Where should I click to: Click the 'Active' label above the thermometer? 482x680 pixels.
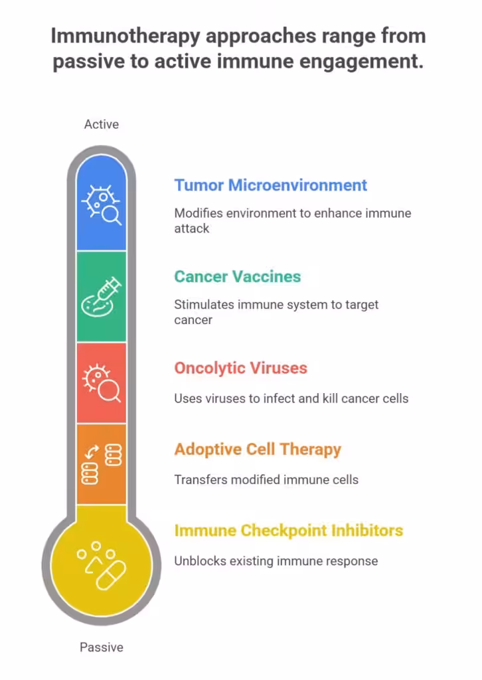[x=102, y=124]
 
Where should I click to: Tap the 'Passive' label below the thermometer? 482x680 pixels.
[x=102, y=647]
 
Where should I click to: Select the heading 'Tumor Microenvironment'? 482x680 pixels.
[x=270, y=185]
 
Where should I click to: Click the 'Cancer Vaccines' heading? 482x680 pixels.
[x=237, y=276]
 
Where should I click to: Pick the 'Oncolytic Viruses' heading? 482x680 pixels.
[x=240, y=368]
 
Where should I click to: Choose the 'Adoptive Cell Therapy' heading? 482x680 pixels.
[x=258, y=450]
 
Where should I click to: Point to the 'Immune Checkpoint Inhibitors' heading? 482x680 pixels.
[x=289, y=531]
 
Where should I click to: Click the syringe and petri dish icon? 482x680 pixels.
[x=101, y=297]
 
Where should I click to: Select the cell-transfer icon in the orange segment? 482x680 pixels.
[x=101, y=464]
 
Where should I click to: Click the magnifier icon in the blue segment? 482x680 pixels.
[x=101, y=204]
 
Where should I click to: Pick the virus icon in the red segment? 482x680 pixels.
[x=101, y=383]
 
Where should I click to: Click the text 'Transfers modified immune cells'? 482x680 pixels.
[x=266, y=479]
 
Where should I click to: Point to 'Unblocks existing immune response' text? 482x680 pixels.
[x=276, y=561]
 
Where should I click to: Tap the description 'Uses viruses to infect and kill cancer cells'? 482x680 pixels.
[x=291, y=398]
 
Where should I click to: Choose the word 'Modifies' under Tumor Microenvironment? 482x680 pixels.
[x=198, y=214]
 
